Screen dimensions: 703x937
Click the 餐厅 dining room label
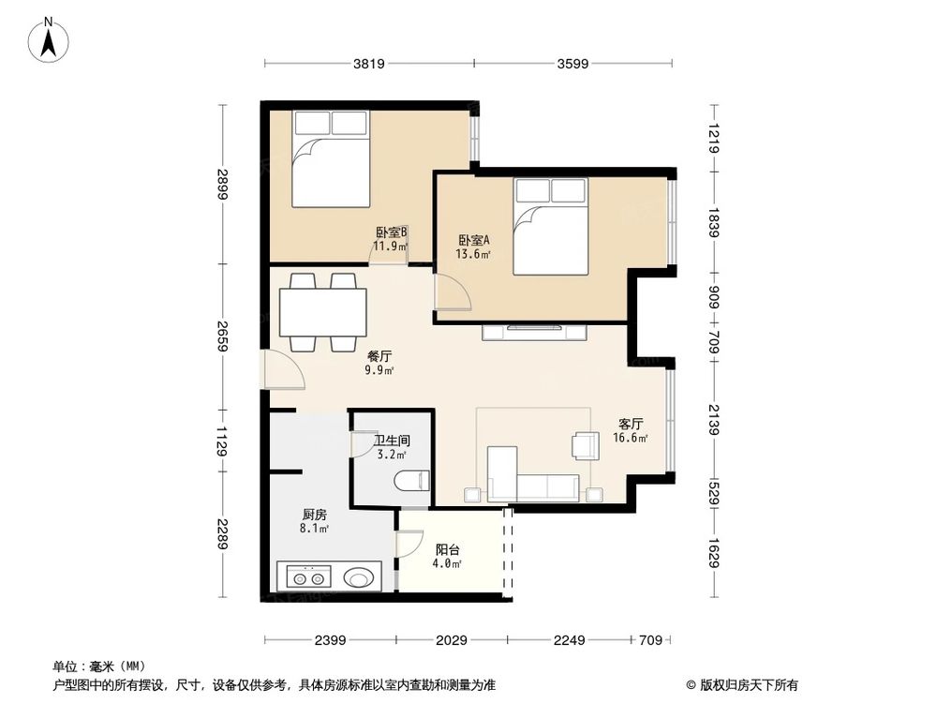(x=379, y=356)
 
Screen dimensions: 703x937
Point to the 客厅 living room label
(x=631, y=424)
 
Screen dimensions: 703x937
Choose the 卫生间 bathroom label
(x=392, y=440)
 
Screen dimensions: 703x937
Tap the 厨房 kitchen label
(x=314, y=515)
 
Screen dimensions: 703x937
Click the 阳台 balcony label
(x=447, y=550)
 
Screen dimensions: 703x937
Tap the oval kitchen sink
(x=360, y=577)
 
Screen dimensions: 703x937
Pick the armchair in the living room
(x=586, y=445)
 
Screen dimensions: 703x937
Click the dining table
(x=322, y=312)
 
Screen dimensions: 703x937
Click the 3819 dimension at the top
(x=369, y=64)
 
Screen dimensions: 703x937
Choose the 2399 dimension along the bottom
(x=330, y=640)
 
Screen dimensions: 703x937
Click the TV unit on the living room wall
(x=534, y=330)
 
